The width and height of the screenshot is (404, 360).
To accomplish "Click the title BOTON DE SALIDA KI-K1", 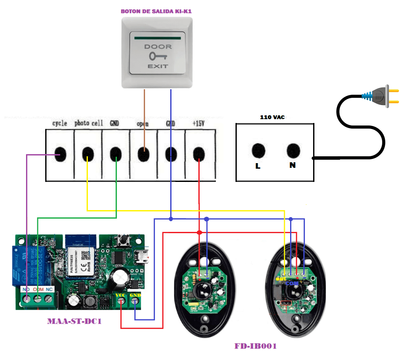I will coord(156,12).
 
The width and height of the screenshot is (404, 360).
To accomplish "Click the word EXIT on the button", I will coord(158,66).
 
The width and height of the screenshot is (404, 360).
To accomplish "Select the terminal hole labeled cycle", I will coord(60,153).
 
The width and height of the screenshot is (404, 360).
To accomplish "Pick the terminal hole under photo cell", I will coord(88,153).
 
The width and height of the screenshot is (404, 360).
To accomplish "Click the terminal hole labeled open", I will coord(143,153).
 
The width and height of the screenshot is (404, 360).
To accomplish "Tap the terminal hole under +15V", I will coord(199,153).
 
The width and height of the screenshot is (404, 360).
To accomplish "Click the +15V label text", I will coord(199,123).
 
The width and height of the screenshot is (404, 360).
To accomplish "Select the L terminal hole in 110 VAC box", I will coord(258,150).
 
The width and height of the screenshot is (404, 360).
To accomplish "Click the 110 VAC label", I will coord(273,117).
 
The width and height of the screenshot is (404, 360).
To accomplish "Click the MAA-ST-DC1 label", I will coord(74,321).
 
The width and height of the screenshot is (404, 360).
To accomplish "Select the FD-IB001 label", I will coord(255,346).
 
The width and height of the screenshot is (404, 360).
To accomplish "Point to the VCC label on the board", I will coord(121,295).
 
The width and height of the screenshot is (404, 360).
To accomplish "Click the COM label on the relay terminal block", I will coord(38,289).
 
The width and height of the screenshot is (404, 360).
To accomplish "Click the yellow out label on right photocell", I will coord(280,278).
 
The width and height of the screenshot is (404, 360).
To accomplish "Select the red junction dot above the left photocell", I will coord(199,232).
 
